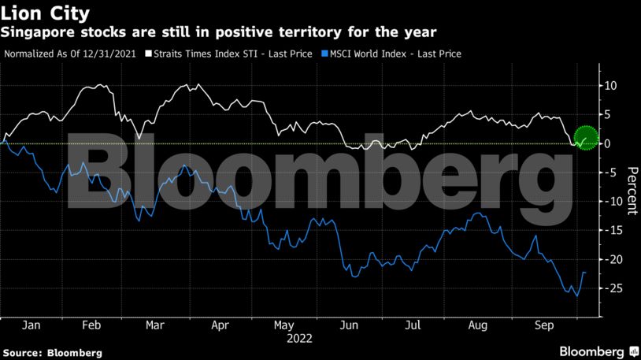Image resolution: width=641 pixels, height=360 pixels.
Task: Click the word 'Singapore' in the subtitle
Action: (33, 32)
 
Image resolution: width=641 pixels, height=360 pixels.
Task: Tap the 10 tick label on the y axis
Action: (611, 85)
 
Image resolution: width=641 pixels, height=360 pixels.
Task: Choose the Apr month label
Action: (220, 325)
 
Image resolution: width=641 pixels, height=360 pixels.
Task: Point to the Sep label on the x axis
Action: (543, 325)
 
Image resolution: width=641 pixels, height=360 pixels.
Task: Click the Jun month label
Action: (350, 325)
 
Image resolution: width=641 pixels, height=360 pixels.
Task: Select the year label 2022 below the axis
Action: (300, 340)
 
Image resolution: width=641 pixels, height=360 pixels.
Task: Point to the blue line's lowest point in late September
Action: (577, 296)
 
